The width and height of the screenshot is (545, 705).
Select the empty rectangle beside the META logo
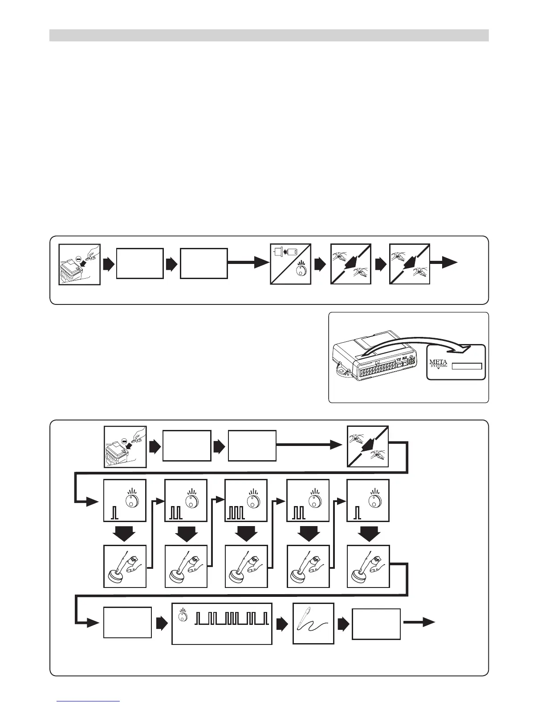(467, 366)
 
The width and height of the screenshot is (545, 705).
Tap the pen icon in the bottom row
(313, 623)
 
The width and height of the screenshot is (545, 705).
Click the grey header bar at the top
(269, 35)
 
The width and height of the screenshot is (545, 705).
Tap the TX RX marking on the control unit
(402, 358)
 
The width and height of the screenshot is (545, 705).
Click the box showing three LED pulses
(246, 500)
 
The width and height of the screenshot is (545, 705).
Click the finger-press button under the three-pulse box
(246, 566)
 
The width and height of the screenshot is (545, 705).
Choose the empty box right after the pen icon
(376, 624)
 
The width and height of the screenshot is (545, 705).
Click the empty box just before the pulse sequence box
(127, 622)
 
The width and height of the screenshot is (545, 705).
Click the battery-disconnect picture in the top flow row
(80, 264)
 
